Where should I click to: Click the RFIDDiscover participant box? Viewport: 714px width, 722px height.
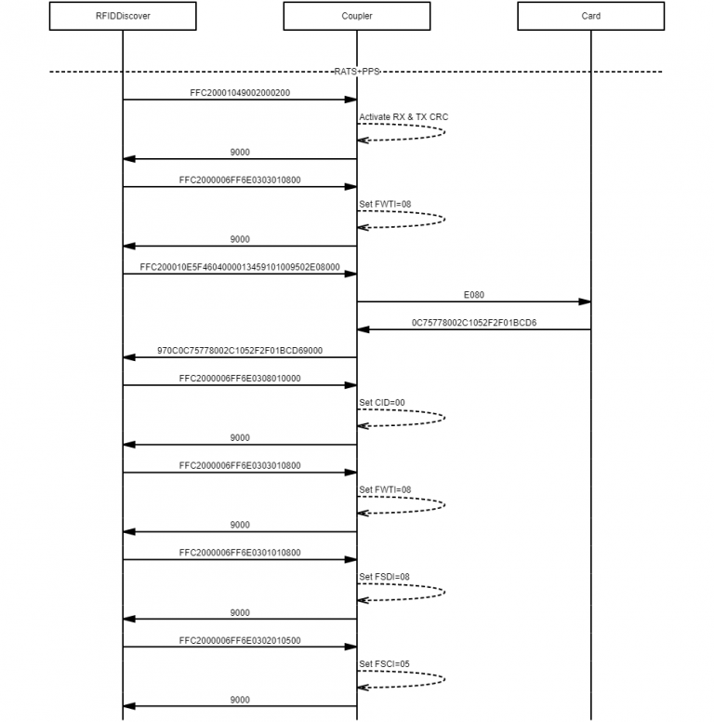click(x=123, y=16)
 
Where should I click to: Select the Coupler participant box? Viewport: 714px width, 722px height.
click(x=357, y=16)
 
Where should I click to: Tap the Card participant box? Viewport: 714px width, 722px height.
click(x=591, y=16)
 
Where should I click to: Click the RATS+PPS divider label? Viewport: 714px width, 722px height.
click(x=357, y=71)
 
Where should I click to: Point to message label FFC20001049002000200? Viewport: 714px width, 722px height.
click(x=240, y=92)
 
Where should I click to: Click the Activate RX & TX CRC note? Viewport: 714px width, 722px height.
click(x=403, y=117)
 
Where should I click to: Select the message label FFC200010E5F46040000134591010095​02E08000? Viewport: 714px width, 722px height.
click(x=240, y=266)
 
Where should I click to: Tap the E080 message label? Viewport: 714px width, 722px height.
click(x=474, y=294)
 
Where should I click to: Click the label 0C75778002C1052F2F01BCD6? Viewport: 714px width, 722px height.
click(x=474, y=322)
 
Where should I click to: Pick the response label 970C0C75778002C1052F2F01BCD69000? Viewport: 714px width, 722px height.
click(x=240, y=350)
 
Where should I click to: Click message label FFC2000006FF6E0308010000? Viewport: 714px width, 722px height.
click(x=240, y=378)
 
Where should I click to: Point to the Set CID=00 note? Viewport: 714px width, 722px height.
click(x=382, y=403)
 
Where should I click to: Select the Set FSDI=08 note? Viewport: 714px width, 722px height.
click(x=384, y=577)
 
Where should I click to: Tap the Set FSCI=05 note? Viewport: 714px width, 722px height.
click(x=384, y=664)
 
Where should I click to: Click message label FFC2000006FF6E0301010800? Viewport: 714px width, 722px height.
click(x=240, y=553)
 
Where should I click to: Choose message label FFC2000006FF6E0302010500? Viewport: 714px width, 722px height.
click(x=240, y=640)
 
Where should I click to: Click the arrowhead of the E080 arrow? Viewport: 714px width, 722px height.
click(x=587, y=301)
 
